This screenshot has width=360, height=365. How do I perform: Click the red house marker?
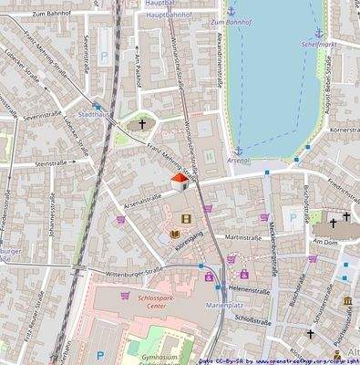coord(180,181)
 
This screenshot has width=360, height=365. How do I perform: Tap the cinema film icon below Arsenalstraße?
coord(186,219)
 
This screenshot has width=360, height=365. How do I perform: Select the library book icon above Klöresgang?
coord(174,235)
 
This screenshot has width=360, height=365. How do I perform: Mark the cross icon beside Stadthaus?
coord(141,123)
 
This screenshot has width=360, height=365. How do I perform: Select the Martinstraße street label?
coord(243,236)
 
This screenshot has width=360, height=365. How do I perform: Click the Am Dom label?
coord(324,241)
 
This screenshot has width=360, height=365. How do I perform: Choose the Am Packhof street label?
coord(136,68)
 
